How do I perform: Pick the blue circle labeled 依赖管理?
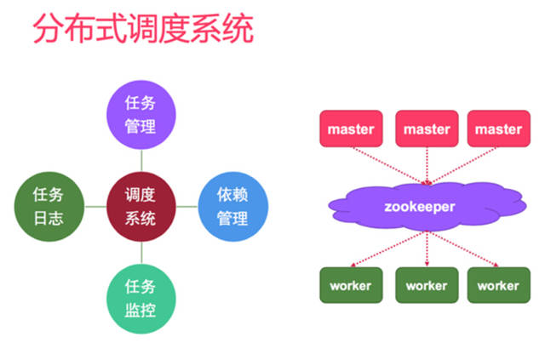point(232,207)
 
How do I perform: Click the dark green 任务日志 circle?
point(49,207)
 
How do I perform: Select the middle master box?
point(426,129)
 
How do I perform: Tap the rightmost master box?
point(498,129)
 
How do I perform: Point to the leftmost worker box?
point(350,285)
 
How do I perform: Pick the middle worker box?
point(426,285)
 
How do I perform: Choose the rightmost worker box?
point(497,285)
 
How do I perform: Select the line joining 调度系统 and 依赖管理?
point(186,207)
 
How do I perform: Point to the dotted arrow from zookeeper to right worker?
point(464,248)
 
